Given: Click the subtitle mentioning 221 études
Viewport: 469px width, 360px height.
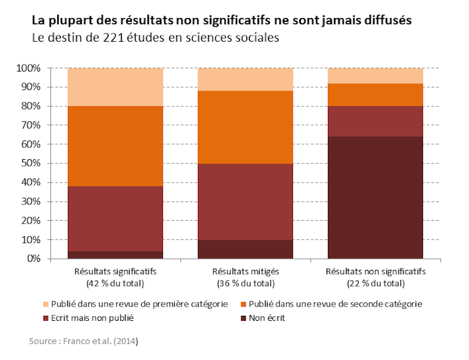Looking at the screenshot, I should point(155,38).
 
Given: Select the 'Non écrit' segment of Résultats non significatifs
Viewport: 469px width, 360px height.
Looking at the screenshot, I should point(375,197).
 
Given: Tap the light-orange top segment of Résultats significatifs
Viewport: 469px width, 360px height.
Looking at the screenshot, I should point(115,87).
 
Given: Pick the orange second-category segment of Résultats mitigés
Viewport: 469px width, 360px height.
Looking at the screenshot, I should point(245,127).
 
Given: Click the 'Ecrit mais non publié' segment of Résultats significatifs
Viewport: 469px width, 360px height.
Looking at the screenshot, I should point(115,218).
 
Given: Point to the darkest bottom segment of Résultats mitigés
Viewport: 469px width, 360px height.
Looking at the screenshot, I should point(245,249).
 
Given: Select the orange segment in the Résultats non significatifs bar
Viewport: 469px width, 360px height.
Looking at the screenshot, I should point(375,95).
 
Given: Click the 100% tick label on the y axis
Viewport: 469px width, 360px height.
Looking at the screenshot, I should point(28,68).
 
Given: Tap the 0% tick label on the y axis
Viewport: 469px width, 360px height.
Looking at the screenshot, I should point(33,259).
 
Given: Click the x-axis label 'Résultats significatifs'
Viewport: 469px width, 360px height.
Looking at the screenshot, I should point(115,272).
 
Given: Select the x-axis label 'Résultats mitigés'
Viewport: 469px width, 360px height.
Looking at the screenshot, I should point(245,272).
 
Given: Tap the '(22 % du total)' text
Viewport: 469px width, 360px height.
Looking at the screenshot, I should point(375,283).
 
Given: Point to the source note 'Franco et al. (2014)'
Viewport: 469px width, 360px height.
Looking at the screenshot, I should point(83,341).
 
